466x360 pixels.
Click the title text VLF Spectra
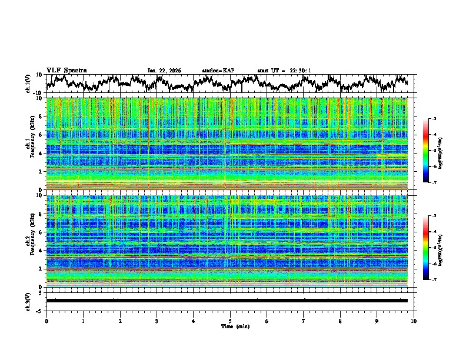[66, 70]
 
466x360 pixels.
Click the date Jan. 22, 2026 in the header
[164, 71]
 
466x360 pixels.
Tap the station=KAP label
[218, 71]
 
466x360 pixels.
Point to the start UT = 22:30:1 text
[284, 71]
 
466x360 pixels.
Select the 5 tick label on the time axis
[230, 321]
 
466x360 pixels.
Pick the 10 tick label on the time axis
[414, 321]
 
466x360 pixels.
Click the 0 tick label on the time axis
[46, 321]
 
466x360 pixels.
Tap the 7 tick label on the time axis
[304, 321]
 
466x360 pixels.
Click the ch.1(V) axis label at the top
[28, 84]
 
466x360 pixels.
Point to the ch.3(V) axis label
[28, 301]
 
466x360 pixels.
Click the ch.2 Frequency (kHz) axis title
[29, 241]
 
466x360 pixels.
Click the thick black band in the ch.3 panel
[229, 301]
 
